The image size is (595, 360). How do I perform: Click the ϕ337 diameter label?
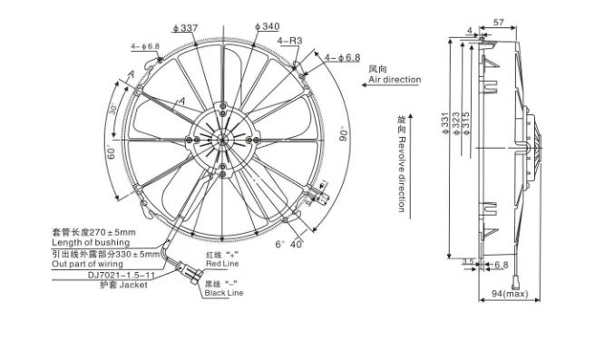point(186,28)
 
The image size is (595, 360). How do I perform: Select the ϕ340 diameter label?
point(268,26)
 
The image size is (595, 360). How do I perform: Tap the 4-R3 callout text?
point(289,41)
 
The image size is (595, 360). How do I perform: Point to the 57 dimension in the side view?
point(498,23)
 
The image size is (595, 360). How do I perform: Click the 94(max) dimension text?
point(510,294)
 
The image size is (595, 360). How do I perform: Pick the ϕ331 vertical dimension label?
point(445,123)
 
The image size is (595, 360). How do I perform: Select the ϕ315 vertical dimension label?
point(466,123)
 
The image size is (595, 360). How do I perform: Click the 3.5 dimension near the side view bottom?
point(468,261)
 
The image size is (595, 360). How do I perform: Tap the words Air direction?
point(395,80)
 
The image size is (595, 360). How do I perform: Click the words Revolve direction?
point(402,174)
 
